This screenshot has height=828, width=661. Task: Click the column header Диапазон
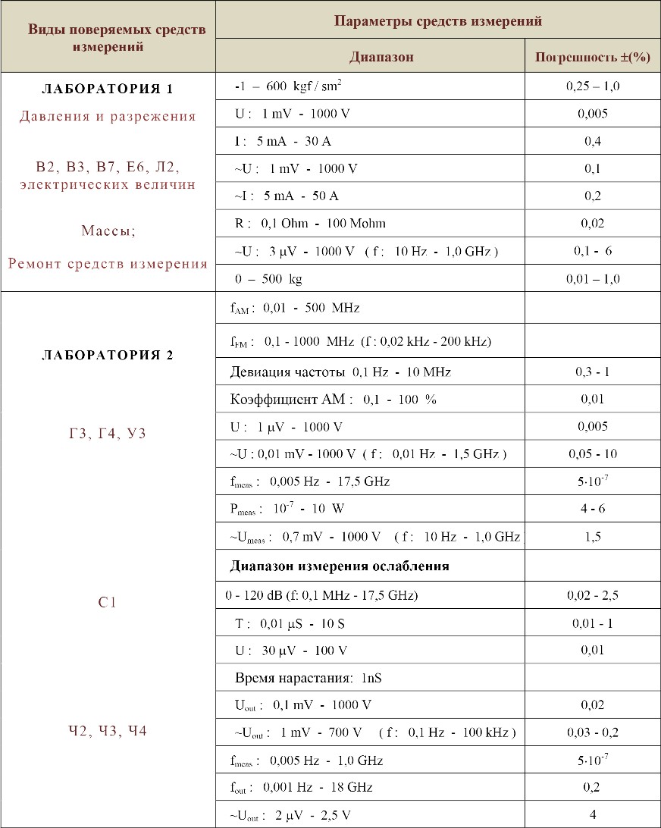pos(381,57)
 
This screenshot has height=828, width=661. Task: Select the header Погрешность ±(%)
pos(593,57)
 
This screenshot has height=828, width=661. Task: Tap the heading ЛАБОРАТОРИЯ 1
pos(107,89)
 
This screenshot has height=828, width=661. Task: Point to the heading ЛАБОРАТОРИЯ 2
pos(107,355)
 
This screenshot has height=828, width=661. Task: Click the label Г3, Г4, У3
pos(107,434)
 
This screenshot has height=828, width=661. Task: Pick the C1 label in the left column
pos(107,604)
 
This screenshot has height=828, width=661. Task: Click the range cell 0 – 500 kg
pos(268,279)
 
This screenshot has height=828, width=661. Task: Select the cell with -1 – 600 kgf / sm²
pos(288,86)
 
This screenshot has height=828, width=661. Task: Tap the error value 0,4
pos(593,141)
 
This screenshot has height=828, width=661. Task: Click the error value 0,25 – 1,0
pos(593,86)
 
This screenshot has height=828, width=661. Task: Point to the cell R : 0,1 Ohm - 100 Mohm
pos(311,223)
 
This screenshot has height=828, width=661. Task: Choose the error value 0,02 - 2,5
pos(593,595)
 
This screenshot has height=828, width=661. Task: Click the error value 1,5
pos(593,537)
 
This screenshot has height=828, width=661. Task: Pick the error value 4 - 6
pos(593,509)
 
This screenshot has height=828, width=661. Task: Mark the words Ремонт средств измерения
pos(108,264)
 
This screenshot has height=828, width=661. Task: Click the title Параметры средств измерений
pos(438,20)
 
